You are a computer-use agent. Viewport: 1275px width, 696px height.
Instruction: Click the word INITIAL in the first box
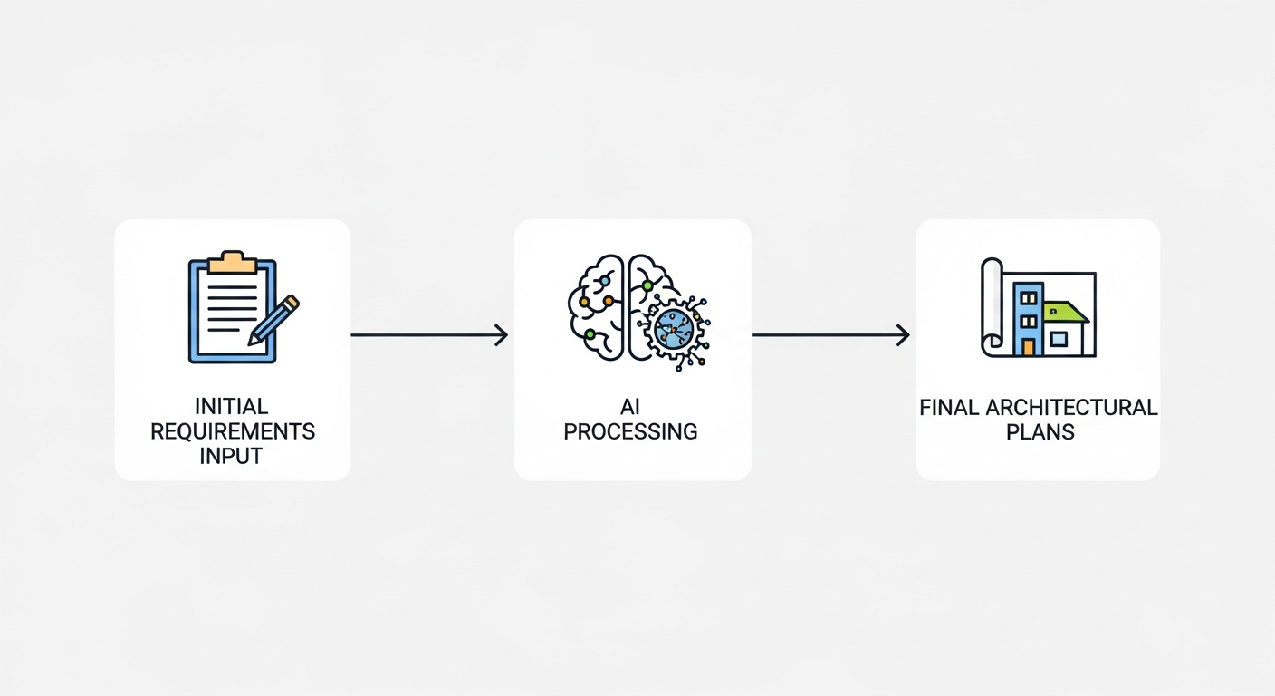pos(232,405)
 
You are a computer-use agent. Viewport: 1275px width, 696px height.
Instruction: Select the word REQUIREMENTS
pos(233,430)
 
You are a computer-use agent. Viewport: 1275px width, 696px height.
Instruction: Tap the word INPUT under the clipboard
pos(232,456)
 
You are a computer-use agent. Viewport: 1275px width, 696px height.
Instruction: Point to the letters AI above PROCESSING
pos(631,405)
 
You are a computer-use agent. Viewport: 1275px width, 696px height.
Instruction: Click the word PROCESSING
pos(631,430)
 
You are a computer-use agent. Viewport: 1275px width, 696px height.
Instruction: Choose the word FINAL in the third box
pos(949,407)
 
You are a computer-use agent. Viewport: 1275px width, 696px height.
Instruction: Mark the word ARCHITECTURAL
pos(1070,407)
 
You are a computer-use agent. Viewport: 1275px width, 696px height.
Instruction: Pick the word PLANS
pos(1040,431)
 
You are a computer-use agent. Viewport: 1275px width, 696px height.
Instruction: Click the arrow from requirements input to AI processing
pos(429,335)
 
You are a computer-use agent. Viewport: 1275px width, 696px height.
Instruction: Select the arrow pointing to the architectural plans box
pos(830,335)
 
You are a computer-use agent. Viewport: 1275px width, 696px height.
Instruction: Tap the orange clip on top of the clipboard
pos(232,263)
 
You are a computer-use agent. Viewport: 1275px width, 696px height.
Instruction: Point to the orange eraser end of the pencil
pos(292,302)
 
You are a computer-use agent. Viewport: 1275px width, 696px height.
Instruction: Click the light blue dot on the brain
pos(604,281)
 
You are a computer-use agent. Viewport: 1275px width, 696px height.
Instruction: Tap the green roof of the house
pos(1065,312)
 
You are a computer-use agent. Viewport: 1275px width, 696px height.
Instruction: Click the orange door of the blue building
pos(1028,346)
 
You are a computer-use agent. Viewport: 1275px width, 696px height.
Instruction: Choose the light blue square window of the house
pos(1058,339)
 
